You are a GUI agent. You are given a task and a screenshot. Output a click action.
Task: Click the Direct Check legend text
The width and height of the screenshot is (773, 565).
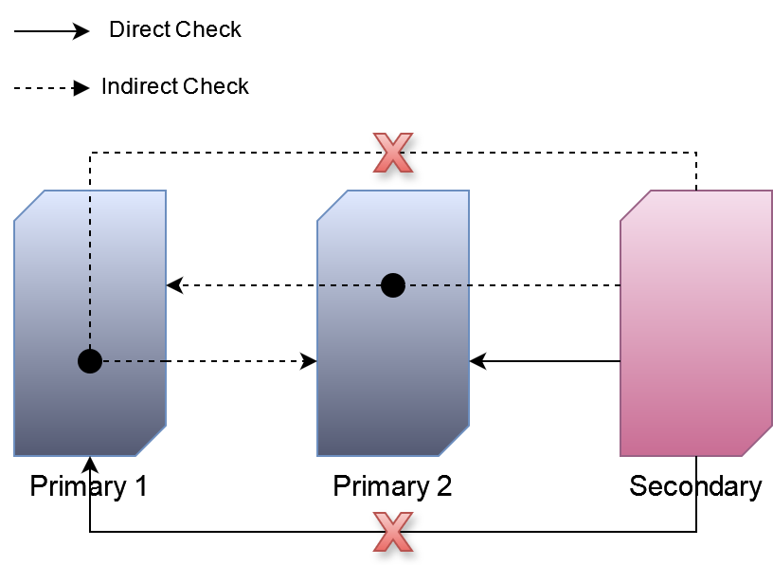click(175, 30)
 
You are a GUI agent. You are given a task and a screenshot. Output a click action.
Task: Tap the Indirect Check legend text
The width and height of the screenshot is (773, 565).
click(175, 87)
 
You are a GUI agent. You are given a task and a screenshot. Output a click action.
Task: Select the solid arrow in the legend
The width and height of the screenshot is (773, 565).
click(51, 31)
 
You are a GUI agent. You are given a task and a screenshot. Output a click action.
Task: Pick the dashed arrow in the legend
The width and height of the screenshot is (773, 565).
click(51, 88)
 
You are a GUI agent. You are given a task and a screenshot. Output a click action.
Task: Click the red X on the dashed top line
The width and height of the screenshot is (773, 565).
click(393, 153)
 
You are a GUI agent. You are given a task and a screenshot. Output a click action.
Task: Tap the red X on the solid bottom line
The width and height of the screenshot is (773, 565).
click(393, 532)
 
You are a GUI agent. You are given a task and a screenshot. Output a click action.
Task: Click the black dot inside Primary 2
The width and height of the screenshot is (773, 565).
click(393, 284)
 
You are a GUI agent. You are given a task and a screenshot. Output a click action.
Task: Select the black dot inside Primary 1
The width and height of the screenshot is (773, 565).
click(90, 361)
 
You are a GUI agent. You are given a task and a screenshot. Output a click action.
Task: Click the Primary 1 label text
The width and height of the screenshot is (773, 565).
click(89, 487)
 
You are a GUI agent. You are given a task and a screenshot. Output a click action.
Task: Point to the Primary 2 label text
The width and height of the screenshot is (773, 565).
click(392, 487)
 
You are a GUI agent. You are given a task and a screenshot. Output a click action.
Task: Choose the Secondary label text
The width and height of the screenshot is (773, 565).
click(695, 487)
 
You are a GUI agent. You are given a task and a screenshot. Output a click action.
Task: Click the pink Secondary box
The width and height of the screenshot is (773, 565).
click(696, 322)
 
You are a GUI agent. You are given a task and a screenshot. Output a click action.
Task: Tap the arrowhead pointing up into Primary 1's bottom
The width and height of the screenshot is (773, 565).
click(90, 464)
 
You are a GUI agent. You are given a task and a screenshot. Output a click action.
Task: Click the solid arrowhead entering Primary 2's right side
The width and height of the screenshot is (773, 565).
click(477, 361)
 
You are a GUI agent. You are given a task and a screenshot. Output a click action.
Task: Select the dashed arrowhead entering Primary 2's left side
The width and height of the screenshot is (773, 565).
click(309, 361)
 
